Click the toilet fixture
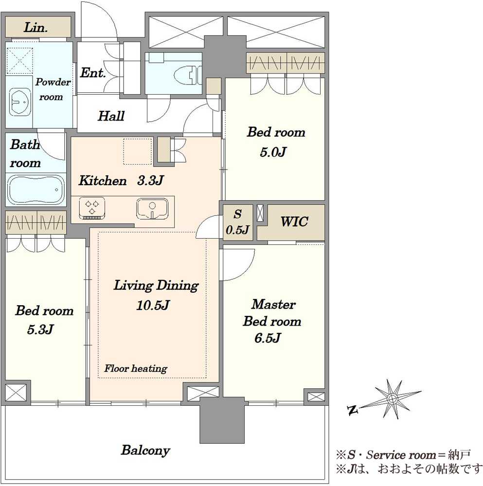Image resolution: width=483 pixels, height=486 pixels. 188,75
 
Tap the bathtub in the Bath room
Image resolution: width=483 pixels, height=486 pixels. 36,190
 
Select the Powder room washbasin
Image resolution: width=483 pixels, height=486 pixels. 20,102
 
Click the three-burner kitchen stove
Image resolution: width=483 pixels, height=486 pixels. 92,208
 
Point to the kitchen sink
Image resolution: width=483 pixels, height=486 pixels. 152,208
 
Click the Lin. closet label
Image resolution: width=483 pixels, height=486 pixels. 36,28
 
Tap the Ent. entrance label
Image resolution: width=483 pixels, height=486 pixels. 93,73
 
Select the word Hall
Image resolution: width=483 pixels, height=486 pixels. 111,116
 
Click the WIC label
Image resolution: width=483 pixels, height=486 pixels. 294,222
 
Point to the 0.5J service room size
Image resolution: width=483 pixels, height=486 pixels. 237,230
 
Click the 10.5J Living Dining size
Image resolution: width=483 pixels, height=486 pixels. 153,305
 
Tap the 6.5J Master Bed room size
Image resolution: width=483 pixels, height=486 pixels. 268,338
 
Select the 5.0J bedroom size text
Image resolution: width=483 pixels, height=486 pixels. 273,152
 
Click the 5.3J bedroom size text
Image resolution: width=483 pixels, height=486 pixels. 40,329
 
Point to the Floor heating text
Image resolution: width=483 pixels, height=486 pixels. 136,368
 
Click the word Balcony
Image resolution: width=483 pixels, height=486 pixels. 145,451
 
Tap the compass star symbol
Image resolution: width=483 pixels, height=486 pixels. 393,399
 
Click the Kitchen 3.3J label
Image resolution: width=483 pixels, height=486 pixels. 121,180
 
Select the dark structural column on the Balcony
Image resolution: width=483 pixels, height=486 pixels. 222,420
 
